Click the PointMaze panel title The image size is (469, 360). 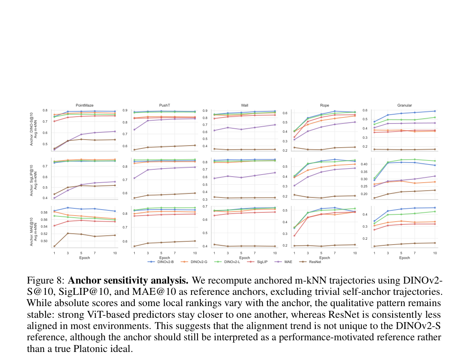pos(84,105)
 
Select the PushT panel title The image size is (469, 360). pos(165,105)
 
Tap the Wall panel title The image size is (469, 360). pos(245,105)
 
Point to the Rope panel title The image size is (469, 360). pos(325,105)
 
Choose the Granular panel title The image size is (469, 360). pos(404,105)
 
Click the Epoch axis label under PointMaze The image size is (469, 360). pos(84,258)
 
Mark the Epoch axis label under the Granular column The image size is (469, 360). pos(404,258)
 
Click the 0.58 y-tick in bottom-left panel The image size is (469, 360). pos(44,213)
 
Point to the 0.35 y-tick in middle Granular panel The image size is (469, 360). pos(364,172)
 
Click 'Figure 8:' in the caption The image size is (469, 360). pos(45,280)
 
